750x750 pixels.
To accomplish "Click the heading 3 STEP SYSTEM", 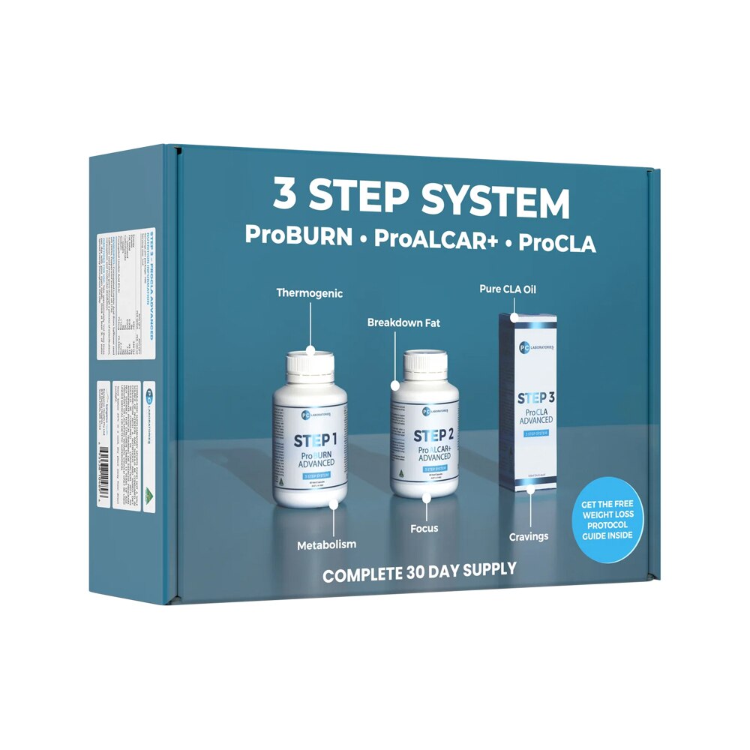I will tap(421, 199).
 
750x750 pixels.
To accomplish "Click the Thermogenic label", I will tap(309, 293).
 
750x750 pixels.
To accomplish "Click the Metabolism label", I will tap(325, 544).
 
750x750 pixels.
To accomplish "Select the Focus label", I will tap(424, 528).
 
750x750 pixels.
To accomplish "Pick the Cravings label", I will tap(528, 536).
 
